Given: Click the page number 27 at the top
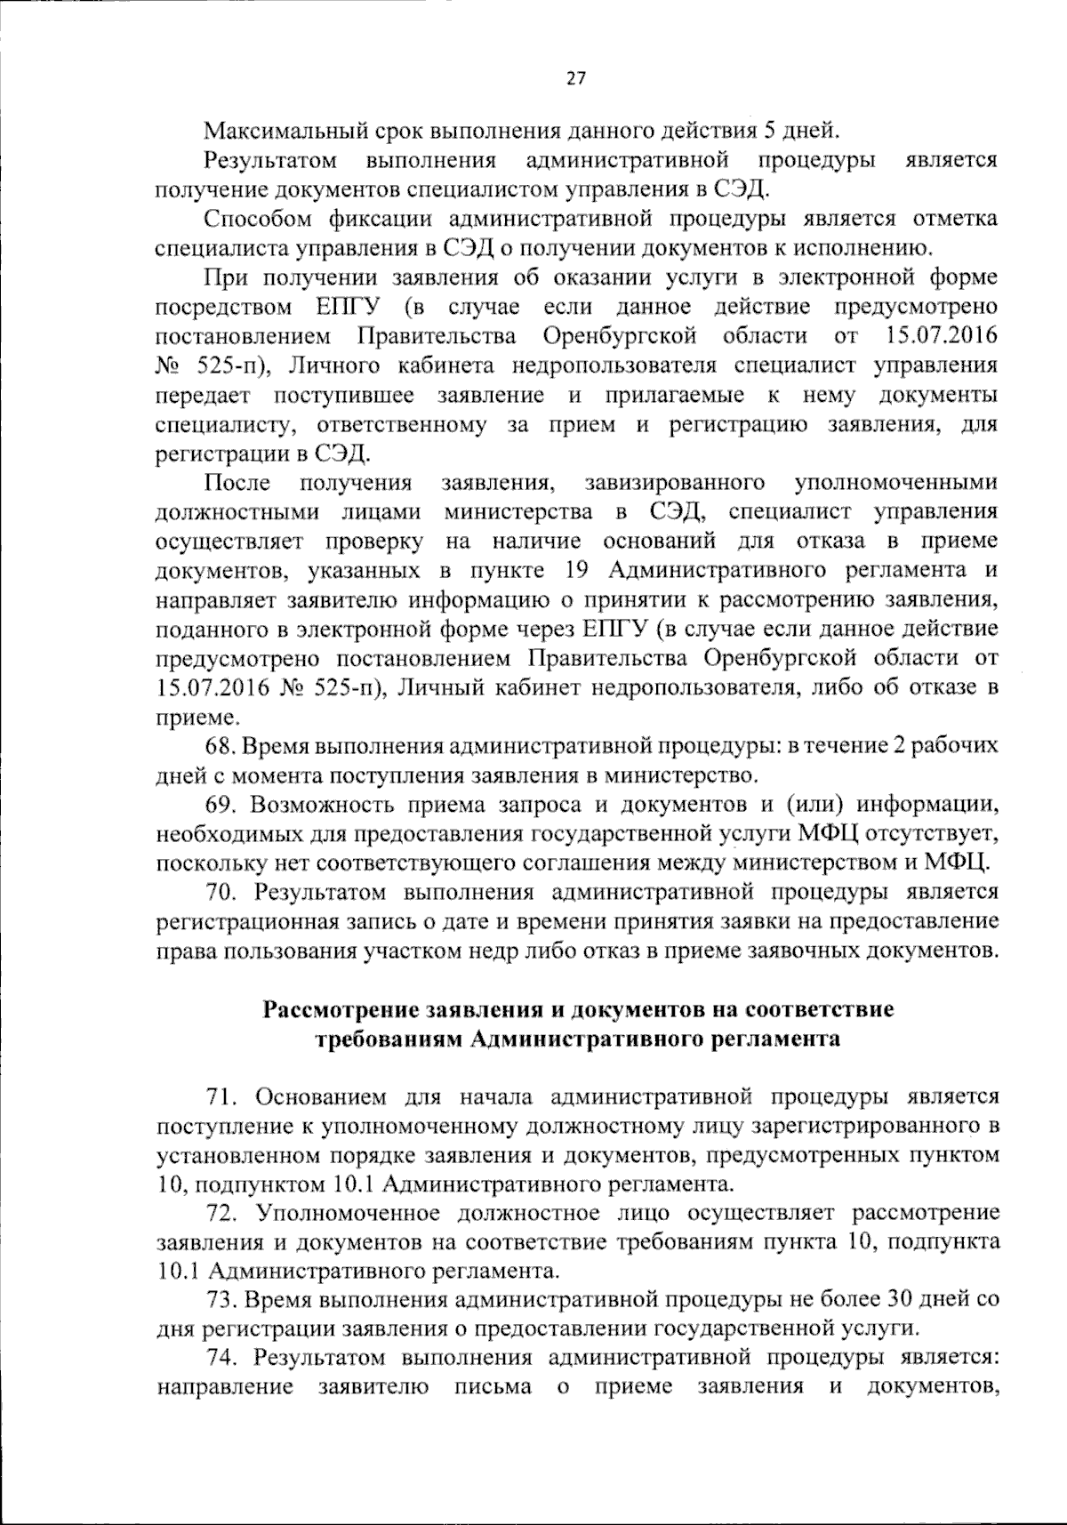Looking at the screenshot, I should point(575,79).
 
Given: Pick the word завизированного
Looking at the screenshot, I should point(675,483).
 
